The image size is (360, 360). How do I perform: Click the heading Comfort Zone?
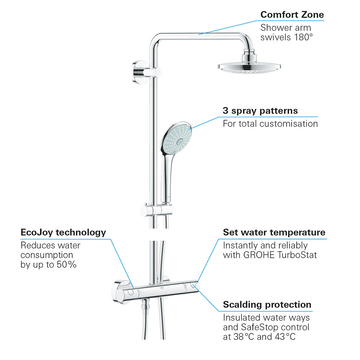(x=292, y=15)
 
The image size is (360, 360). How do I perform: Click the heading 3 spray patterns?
(x=260, y=111)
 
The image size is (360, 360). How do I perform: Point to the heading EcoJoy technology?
(x=63, y=232)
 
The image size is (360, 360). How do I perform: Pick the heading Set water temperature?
(x=274, y=232)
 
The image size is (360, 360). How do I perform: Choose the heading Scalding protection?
(x=267, y=305)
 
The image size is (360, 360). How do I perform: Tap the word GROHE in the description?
(x=258, y=255)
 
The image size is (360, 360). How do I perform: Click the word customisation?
(x=289, y=124)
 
